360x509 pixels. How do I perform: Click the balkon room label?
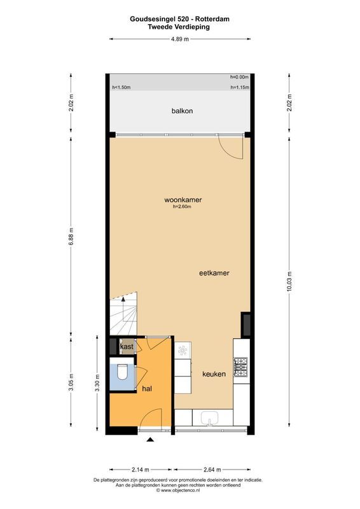(182, 111)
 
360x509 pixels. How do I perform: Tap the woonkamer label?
(183, 200)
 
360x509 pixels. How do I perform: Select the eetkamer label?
(214, 273)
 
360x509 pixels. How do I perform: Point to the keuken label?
(214, 374)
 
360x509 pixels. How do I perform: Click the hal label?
(147, 389)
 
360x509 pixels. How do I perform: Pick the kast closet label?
(127, 347)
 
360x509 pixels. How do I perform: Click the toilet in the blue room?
(122, 372)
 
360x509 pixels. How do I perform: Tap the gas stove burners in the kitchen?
(241, 367)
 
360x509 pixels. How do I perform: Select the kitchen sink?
(210, 418)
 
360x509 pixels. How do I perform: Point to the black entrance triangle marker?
(150, 440)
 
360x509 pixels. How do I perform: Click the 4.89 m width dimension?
(180, 39)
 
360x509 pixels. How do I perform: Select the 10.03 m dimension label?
(289, 281)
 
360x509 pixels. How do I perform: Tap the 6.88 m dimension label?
(71, 236)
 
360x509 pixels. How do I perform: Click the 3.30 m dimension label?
(97, 383)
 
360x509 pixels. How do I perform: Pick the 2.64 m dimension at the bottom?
(212, 470)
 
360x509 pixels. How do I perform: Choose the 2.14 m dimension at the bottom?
(141, 470)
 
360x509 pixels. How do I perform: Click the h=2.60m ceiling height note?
(182, 206)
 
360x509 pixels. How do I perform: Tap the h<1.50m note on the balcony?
(121, 87)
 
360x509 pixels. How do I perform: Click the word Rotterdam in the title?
(212, 19)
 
